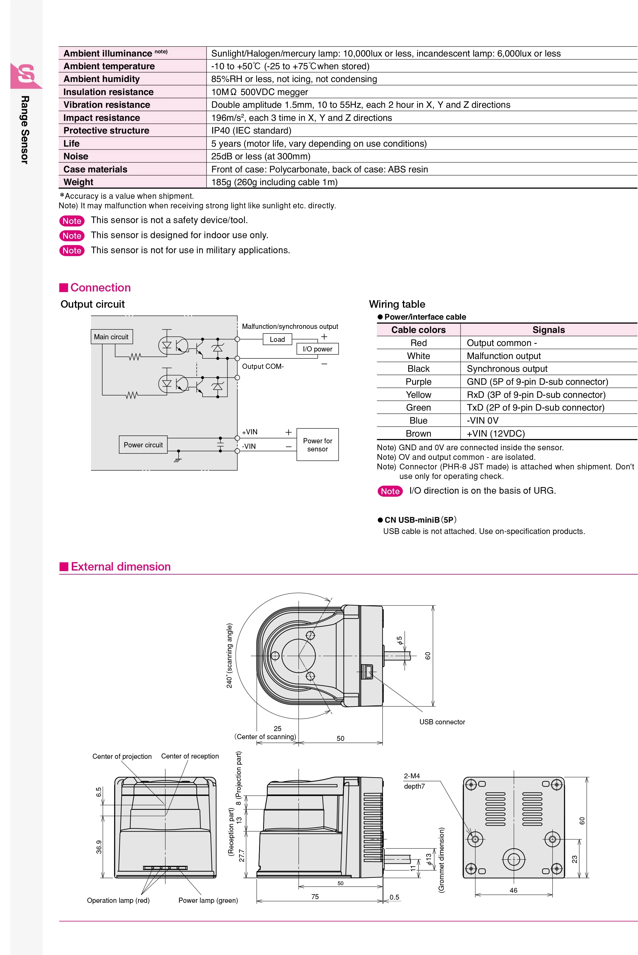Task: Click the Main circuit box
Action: click(111, 337)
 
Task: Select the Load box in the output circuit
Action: click(277, 339)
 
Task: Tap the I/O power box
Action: click(317, 349)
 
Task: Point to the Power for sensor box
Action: click(317, 445)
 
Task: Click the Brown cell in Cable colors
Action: click(418, 433)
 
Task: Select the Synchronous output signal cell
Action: click(507, 369)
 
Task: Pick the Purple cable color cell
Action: click(418, 382)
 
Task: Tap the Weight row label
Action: click(78, 182)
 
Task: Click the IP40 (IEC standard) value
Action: click(251, 130)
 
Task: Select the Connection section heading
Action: click(100, 287)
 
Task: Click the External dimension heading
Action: click(120, 566)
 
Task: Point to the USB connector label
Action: click(442, 722)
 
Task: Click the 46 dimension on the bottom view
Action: click(514, 890)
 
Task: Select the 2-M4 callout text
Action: click(412, 776)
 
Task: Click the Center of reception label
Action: click(190, 756)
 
